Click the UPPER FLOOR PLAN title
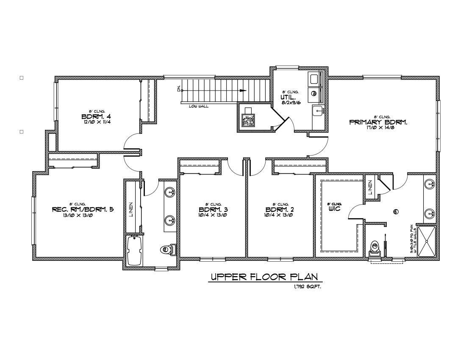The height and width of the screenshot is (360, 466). click(264, 277)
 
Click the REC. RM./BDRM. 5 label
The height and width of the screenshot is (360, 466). click(83, 209)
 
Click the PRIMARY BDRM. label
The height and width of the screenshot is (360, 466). click(378, 122)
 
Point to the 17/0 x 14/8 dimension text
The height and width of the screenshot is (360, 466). click(378, 127)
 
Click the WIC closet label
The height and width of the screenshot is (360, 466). click(334, 209)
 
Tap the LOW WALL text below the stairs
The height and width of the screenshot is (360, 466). click(198, 106)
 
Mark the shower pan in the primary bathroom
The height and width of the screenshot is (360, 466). click(427, 241)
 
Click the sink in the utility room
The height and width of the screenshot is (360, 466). click(317, 111)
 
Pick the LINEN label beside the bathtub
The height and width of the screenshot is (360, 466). click(131, 208)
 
